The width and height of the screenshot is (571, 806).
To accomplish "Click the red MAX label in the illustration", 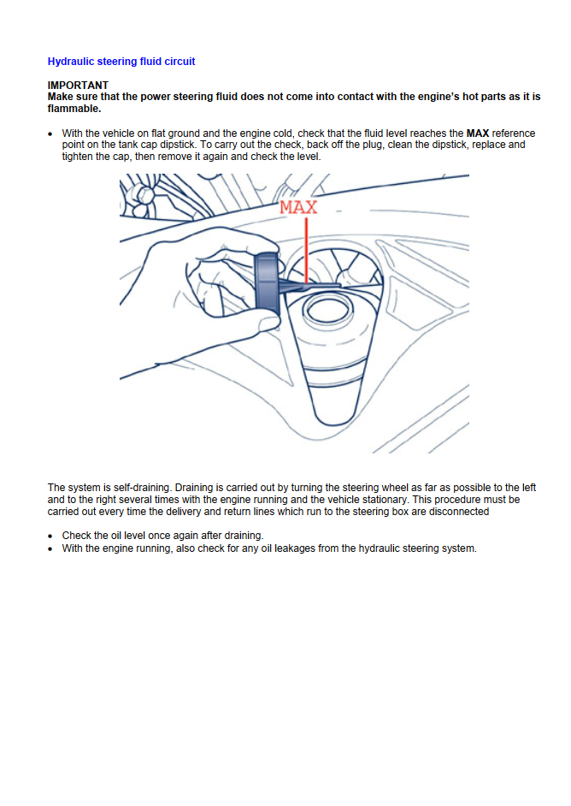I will pos(298,206).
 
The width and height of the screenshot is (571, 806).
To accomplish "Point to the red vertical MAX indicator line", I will pos(305,248).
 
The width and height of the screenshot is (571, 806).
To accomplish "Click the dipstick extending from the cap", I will pos(312,282).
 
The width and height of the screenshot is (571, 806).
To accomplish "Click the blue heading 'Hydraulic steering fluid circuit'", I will pos(121,62).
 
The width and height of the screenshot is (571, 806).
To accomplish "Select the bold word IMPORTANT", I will pos(78,86).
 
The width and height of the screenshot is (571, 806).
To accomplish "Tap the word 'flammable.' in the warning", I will pos(74,109).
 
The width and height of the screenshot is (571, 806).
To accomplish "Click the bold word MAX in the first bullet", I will pos(477,134).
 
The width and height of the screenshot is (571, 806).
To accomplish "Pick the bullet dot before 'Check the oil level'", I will pos(51,536).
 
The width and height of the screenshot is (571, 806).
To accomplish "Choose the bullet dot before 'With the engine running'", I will pos(51,548).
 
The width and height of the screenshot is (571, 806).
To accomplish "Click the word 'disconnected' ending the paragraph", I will pos(461,512).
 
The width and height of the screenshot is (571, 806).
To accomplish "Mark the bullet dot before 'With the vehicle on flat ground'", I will pos(51,134).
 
